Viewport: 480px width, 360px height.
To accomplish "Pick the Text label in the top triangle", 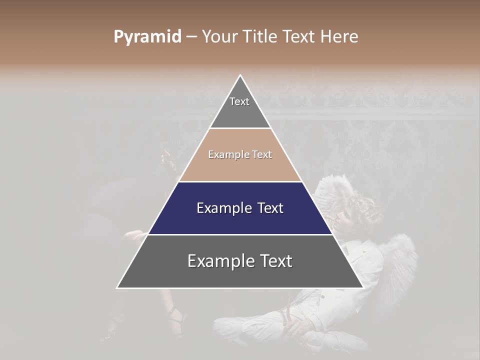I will (x=239, y=101).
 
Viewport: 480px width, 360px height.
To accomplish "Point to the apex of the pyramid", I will (x=240, y=76).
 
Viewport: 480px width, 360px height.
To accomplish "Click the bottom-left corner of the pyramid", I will (x=117, y=287).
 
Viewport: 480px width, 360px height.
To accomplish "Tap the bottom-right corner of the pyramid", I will (x=363, y=287).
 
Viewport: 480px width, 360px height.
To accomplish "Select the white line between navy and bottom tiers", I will (x=240, y=234).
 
